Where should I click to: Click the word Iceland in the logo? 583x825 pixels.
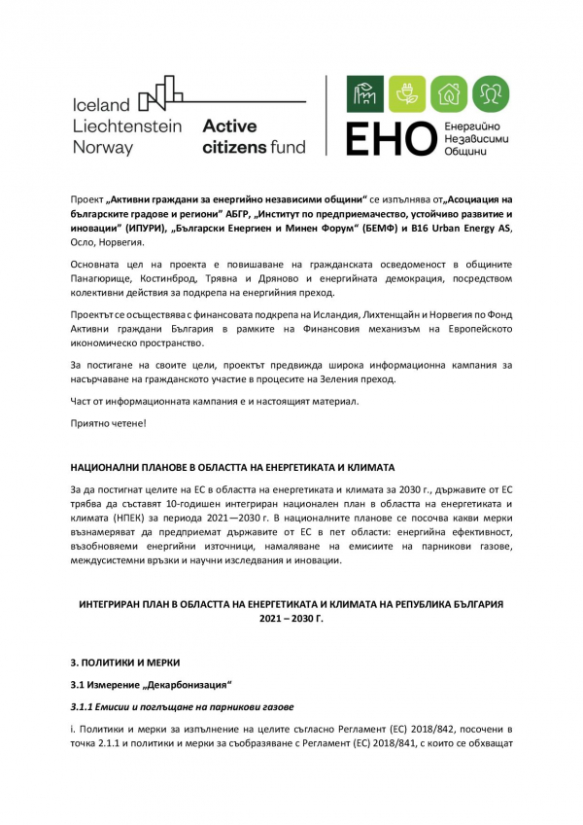(x=101, y=105)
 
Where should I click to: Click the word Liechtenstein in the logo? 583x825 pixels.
(x=129, y=126)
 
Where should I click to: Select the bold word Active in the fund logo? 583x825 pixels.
(x=229, y=126)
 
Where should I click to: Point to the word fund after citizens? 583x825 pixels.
(x=285, y=148)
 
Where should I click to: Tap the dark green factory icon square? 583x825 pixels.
(x=366, y=93)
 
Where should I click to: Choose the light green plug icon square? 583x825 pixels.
(x=407, y=93)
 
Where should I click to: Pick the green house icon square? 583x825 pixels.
(x=448, y=93)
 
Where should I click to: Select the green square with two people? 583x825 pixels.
(x=490, y=93)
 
